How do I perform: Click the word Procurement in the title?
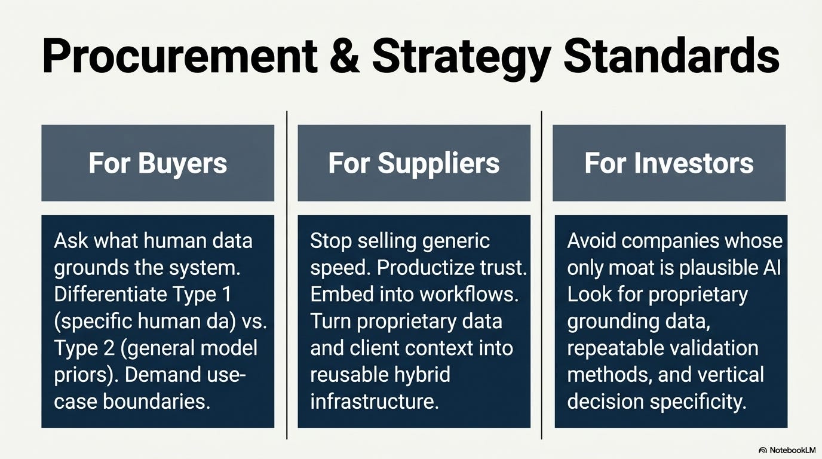[180, 56]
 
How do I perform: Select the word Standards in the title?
[671, 56]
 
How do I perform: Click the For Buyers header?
[158, 163]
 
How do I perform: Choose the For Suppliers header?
[414, 163]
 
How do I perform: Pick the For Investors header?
[669, 163]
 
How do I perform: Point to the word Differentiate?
[110, 294]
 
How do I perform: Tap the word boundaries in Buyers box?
[156, 402]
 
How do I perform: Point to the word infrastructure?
[375, 402]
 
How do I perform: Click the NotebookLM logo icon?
[763, 450]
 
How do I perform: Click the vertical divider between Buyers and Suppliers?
[287, 275]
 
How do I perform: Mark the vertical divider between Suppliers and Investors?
[542, 275]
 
